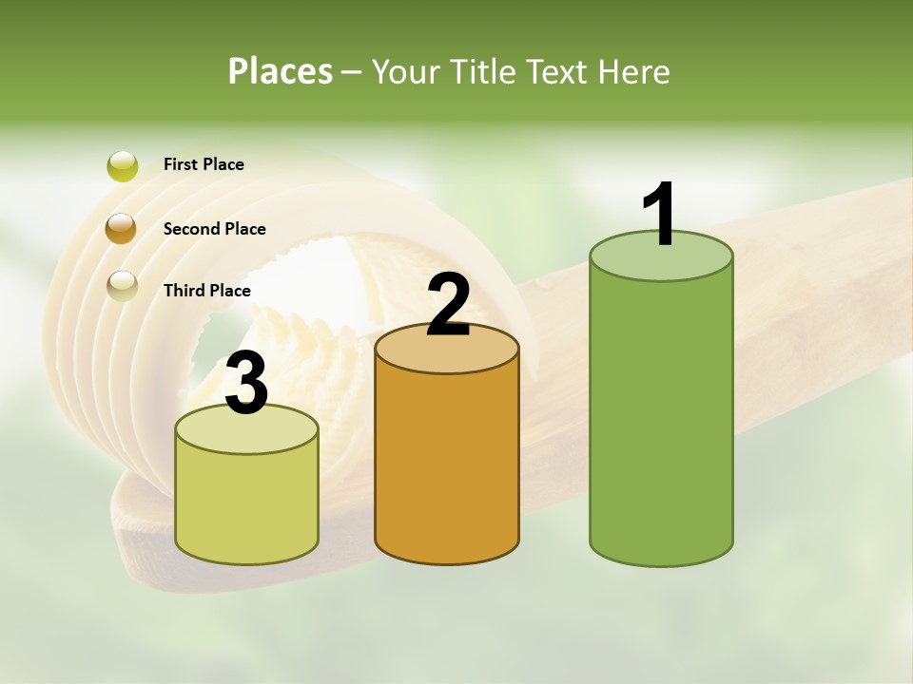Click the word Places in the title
(281, 71)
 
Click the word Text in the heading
(554, 71)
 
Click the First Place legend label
(204, 164)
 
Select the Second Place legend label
(214, 229)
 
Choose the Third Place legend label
(207, 291)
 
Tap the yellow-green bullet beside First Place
(122, 166)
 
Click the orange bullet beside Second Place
(121, 229)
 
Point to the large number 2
(449, 305)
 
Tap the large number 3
(247, 384)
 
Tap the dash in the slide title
(351, 72)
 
